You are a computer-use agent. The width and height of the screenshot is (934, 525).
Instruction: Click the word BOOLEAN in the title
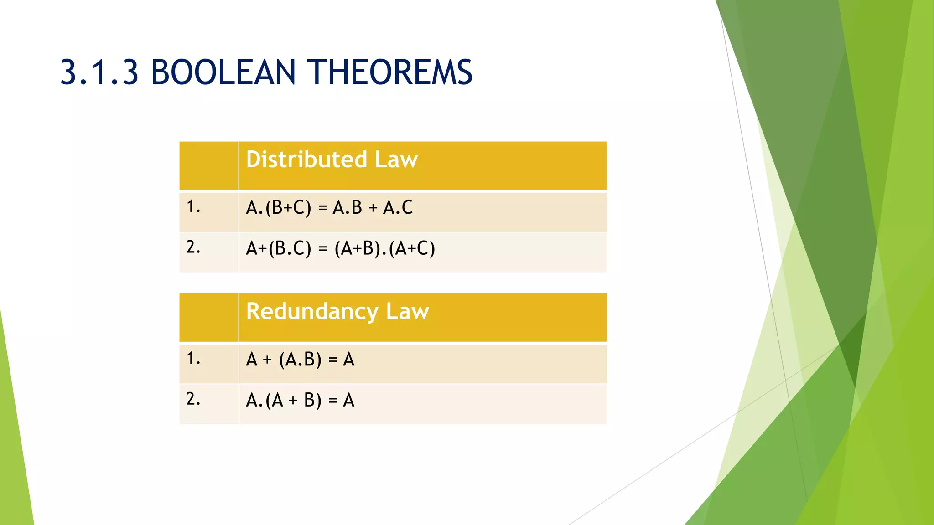tap(223, 72)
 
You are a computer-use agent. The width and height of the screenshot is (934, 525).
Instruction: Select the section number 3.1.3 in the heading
tap(99, 72)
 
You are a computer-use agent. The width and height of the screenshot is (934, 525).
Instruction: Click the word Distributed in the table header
tap(306, 160)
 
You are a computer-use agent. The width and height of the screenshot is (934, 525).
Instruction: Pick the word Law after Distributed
tap(396, 160)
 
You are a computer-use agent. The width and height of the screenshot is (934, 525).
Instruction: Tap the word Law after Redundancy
tap(407, 312)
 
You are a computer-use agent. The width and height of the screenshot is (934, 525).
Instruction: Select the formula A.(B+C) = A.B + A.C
tap(329, 208)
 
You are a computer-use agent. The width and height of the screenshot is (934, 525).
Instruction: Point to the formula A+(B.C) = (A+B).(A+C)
tap(340, 248)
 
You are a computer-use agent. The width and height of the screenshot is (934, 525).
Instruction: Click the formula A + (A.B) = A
tap(300, 360)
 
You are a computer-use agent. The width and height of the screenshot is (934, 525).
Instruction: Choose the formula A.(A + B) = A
tap(300, 401)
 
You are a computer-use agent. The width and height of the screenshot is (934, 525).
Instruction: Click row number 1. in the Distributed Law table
tap(193, 207)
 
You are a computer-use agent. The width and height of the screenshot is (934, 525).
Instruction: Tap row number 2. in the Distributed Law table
tap(193, 247)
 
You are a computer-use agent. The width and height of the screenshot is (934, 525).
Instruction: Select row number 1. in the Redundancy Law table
tap(193, 359)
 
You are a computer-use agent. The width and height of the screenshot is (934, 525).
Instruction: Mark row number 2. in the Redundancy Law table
tap(193, 399)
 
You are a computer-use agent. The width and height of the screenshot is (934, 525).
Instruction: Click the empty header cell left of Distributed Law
tap(208, 165)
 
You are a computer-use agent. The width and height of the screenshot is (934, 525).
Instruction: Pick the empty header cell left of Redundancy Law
tap(208, 318)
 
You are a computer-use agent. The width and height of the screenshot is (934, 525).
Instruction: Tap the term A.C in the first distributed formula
tap(398, 208)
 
